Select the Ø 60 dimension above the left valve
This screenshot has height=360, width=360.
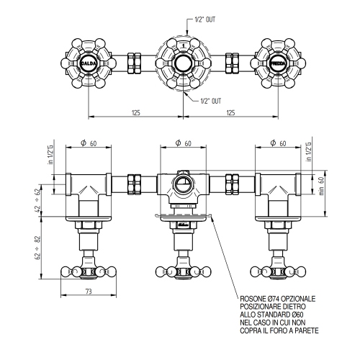pyautogui.click(x=89, y=143)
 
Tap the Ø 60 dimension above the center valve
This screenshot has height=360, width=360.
pyautogui.click(x=182, y=143)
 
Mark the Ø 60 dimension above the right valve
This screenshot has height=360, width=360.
pyautogui.click(x=277, y=143)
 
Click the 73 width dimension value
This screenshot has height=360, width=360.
pyautogui.click(x=89, y=292)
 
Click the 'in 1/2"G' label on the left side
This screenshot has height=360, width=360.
pyautogui.click(x=50, y=155)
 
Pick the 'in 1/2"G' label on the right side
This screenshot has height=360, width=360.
pyautogui.click(x=310, y=155)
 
